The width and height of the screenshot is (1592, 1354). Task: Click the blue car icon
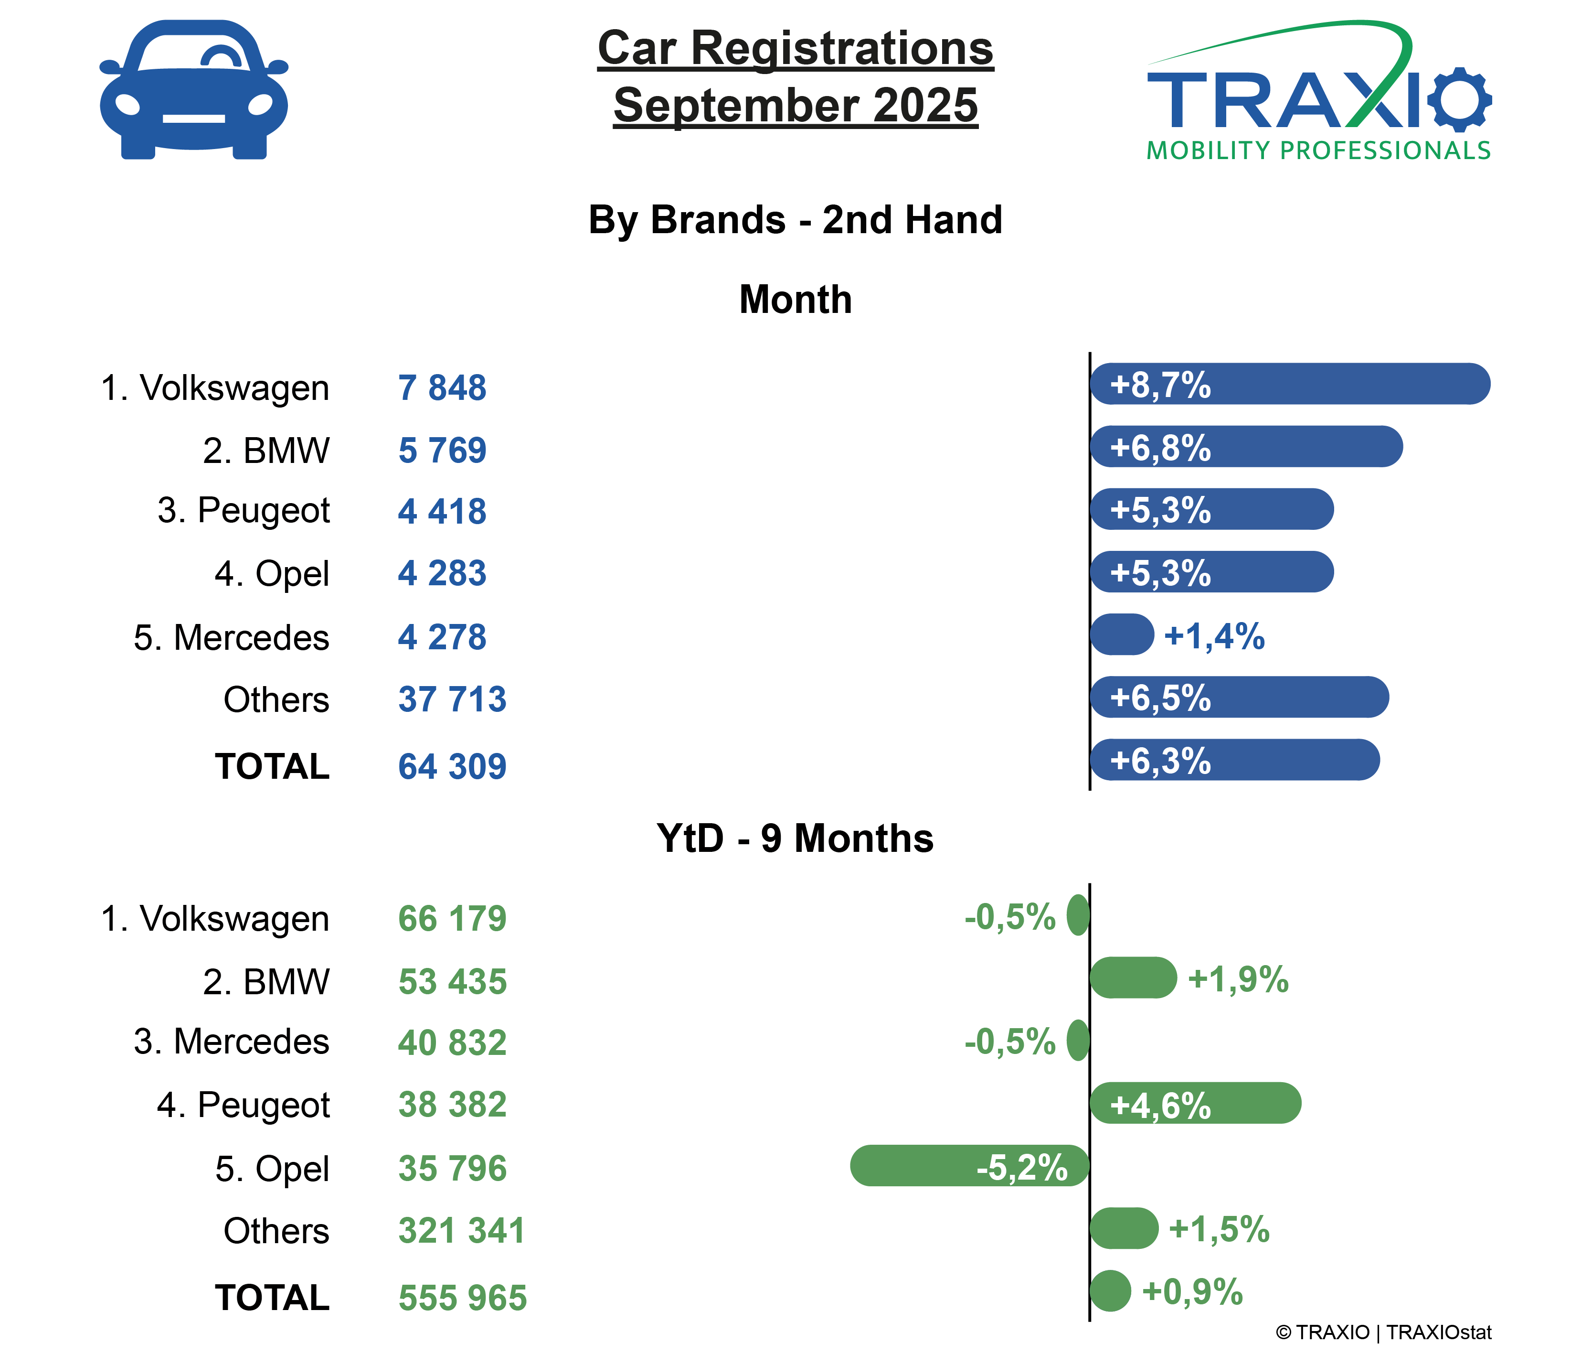(x=193, y=90)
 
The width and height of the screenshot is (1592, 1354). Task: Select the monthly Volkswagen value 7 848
(x=442, y=387)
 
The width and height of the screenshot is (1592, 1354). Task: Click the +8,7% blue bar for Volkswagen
(x=1289, y=384)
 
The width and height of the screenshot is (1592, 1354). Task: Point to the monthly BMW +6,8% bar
(x=1246, y=447)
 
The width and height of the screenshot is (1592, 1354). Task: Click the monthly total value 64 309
(x=452, y=766)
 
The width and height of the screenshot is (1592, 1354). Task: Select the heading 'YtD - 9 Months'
(x=795, y=838)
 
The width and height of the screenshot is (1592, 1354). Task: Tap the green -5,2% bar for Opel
(x=969, y=1166)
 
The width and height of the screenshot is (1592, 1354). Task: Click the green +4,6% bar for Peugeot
(x=1195, y=1103)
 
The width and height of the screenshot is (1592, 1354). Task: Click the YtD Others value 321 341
(x=461, y=1230)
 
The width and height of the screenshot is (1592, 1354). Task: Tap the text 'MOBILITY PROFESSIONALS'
(x=1318, y=150)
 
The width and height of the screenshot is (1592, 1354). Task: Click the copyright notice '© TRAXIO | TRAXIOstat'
(x=1382, y=1332)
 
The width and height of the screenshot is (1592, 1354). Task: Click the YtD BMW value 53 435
(x=452, y=982)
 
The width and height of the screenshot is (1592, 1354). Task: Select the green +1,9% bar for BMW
(x=1133, y=978)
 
